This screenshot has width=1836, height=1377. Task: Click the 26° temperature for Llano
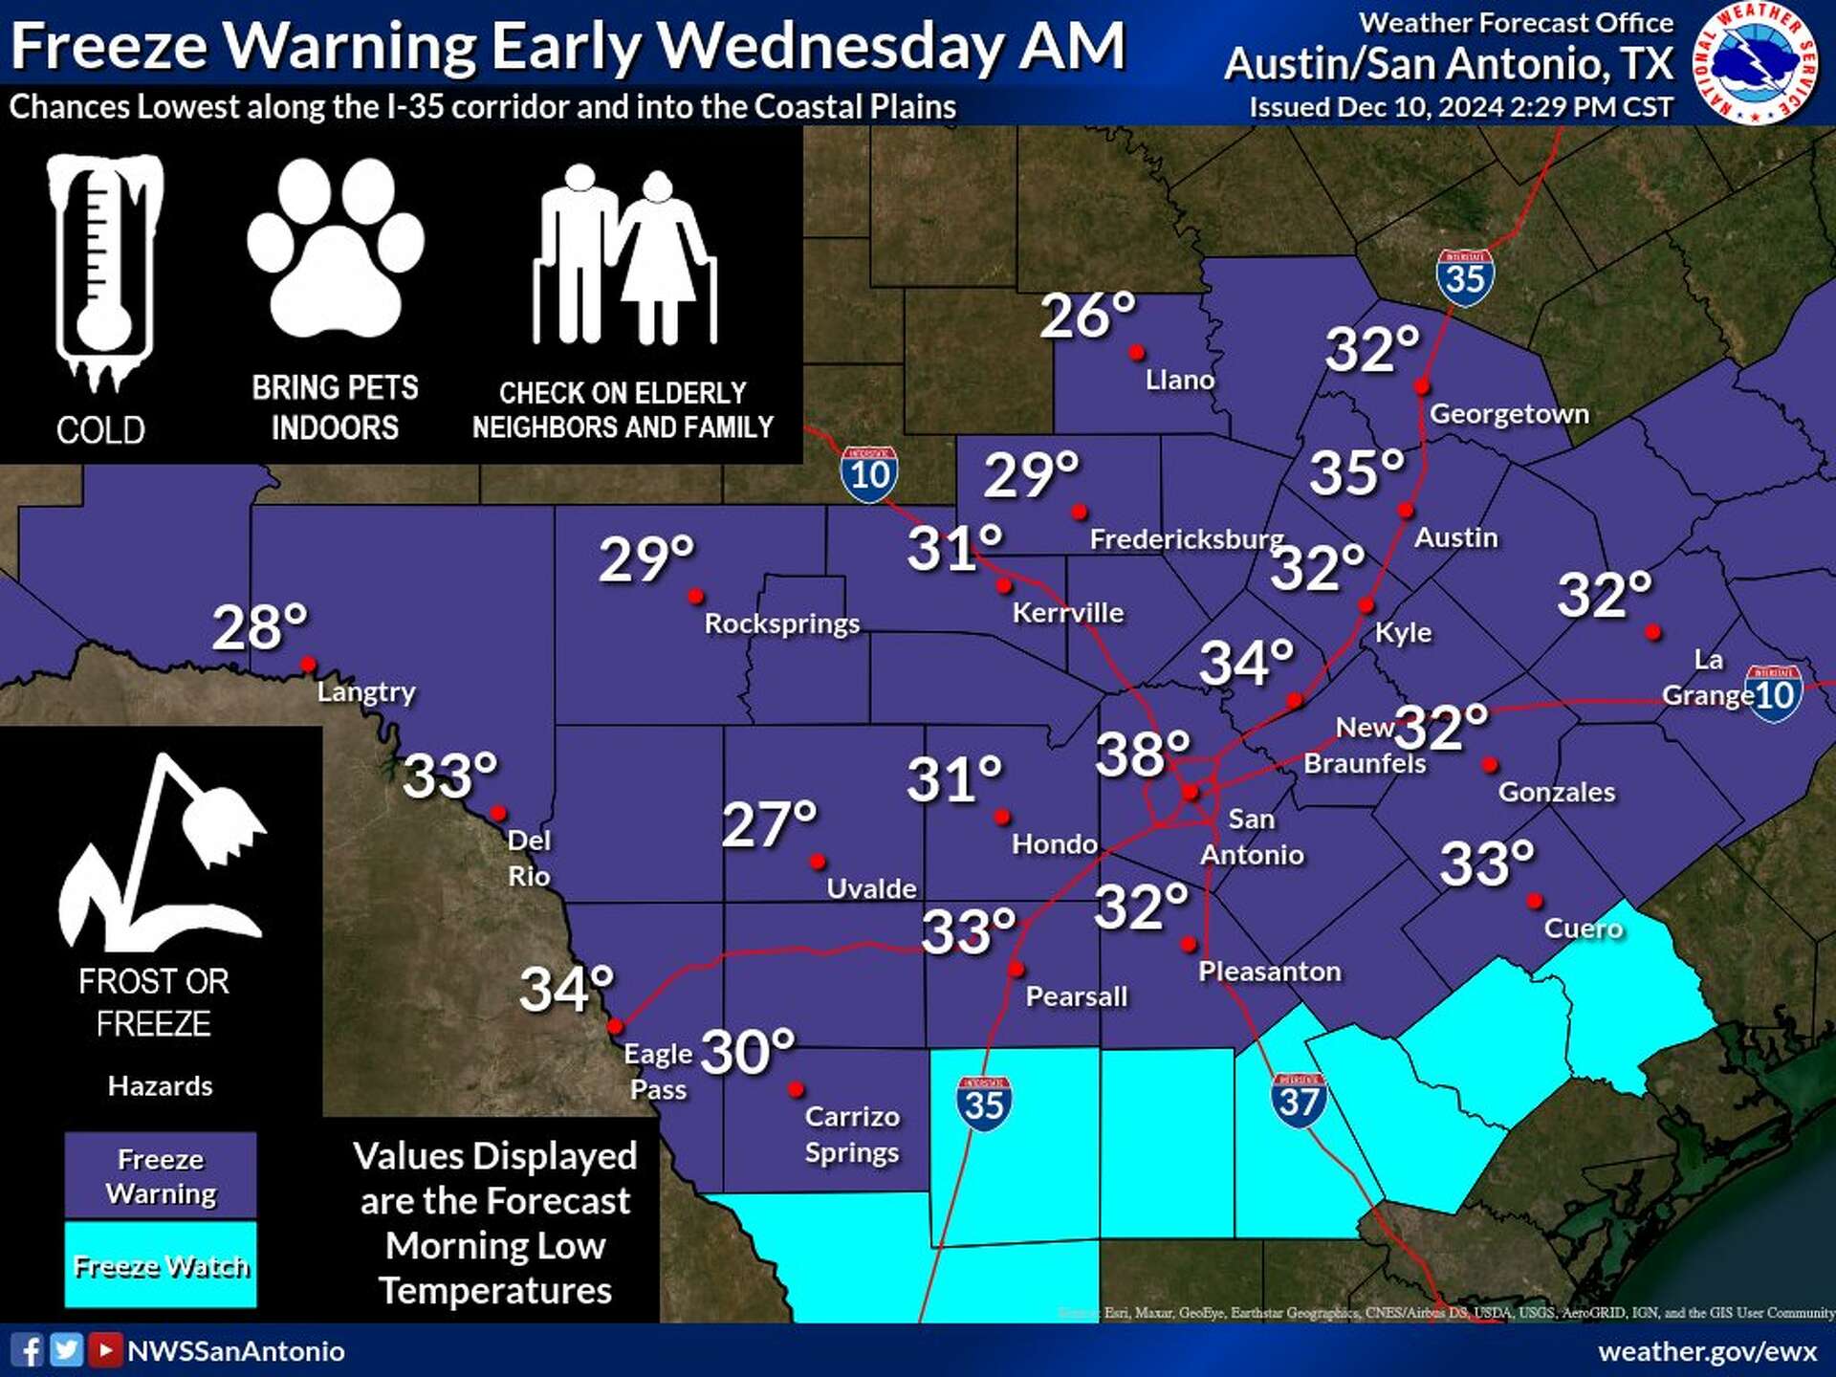point(1087,316)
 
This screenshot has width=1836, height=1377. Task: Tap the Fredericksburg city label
point(1186,539)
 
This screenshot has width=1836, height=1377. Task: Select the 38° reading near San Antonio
point(1142,754)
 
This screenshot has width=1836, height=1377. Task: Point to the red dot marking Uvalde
point(818,862)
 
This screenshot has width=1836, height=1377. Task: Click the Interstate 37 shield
point(1299,1101)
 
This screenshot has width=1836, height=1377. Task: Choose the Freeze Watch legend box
point(161,1264)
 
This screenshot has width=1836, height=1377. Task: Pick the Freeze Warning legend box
point(161,1176)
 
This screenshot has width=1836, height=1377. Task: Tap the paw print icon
point(335,249)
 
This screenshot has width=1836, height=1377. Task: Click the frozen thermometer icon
point(104,273)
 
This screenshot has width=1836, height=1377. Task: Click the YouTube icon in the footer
point(105,1350)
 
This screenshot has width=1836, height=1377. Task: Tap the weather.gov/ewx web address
point(1707,1351)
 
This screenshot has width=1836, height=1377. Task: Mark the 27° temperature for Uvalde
point(769,824)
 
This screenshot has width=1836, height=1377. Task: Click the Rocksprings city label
point(781,623)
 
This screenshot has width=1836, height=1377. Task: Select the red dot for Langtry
point(308,664)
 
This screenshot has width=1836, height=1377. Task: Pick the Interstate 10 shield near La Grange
point(1774,693)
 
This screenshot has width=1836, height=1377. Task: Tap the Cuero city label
point(1583,929)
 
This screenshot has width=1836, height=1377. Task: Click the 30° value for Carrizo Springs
point(748,1053)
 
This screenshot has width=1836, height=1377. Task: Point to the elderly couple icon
point(623,256)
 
